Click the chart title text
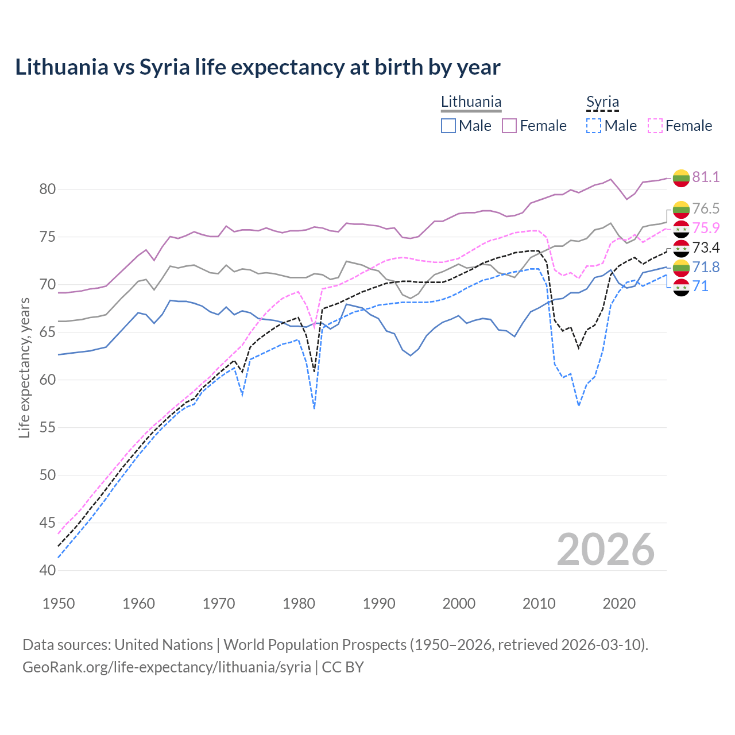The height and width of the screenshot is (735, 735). coord(257,67)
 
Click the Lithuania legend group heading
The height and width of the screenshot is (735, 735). coord(471,102)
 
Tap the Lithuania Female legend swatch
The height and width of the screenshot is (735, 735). coord(509,126)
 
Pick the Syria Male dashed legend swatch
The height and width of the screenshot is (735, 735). coord(594,126)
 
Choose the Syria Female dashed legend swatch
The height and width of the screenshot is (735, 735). coord(655,126)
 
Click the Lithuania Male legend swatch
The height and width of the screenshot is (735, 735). coord(448,126)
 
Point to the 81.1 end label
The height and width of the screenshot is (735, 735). coord(706,177)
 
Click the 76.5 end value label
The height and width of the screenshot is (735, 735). coord(706,208)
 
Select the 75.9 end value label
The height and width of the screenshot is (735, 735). coord(706,228)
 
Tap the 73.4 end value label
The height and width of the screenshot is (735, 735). coord(706,247)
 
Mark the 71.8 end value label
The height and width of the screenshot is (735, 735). coord(706,267)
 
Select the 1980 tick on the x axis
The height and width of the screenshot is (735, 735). coord(299,604)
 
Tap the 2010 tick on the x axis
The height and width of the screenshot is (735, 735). coord(539,604)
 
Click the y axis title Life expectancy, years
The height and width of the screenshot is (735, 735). coord(25,367)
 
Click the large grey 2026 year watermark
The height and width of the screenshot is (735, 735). coord(605,550)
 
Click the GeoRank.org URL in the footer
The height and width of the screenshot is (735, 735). coord(167,667)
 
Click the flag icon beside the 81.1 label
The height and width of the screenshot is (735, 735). coord(681,177)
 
